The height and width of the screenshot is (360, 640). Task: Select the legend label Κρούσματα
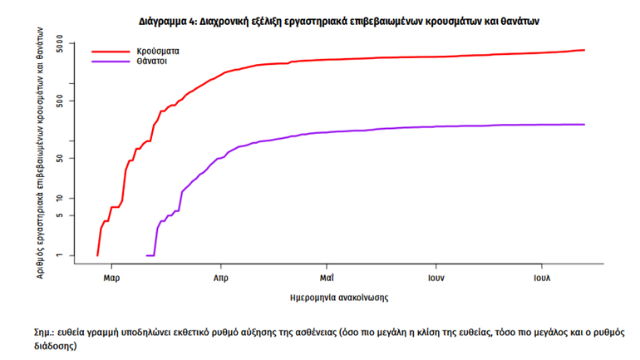(159, 51)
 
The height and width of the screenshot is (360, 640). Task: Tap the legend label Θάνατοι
(155, 62)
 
